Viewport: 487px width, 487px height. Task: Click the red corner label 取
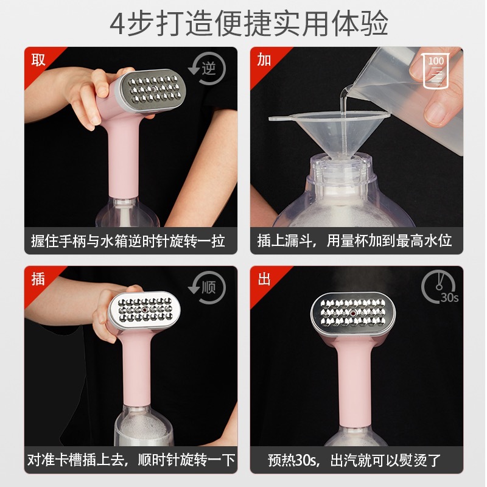point(38,59)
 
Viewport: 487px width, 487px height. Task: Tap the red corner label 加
point(264,59)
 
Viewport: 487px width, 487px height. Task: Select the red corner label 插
point(38,278)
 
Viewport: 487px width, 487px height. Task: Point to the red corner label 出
point(264,278)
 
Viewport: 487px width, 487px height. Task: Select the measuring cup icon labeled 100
point(436,71)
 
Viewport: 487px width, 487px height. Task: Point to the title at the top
point(249,24)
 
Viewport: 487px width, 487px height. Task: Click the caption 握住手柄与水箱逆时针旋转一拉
point(128,241)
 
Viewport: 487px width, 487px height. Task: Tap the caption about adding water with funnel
point(354,241)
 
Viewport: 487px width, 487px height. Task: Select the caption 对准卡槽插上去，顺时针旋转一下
point(131,460)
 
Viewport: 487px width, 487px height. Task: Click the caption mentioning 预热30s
point(354,460)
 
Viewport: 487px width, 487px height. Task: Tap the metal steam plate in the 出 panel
point(353,313)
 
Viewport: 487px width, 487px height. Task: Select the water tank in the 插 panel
point(144,426)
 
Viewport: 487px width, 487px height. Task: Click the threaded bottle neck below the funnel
point(342,169)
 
